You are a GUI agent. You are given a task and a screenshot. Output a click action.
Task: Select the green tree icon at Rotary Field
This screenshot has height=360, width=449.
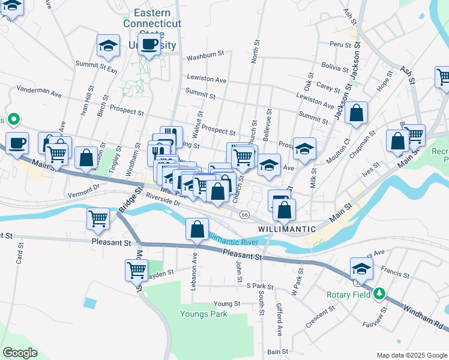click(379, 294)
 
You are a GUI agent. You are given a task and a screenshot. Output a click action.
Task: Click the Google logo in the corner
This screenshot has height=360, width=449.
click(20, 353)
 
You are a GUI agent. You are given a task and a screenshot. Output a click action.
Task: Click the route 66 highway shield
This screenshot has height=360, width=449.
click(244, 214)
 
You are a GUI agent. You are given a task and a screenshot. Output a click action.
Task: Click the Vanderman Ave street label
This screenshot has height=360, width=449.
click(40, 94)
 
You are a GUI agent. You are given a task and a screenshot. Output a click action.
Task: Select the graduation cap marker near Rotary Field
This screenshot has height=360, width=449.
click(362, 268)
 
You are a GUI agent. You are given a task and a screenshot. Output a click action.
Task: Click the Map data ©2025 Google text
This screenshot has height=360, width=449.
click(411, 355)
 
